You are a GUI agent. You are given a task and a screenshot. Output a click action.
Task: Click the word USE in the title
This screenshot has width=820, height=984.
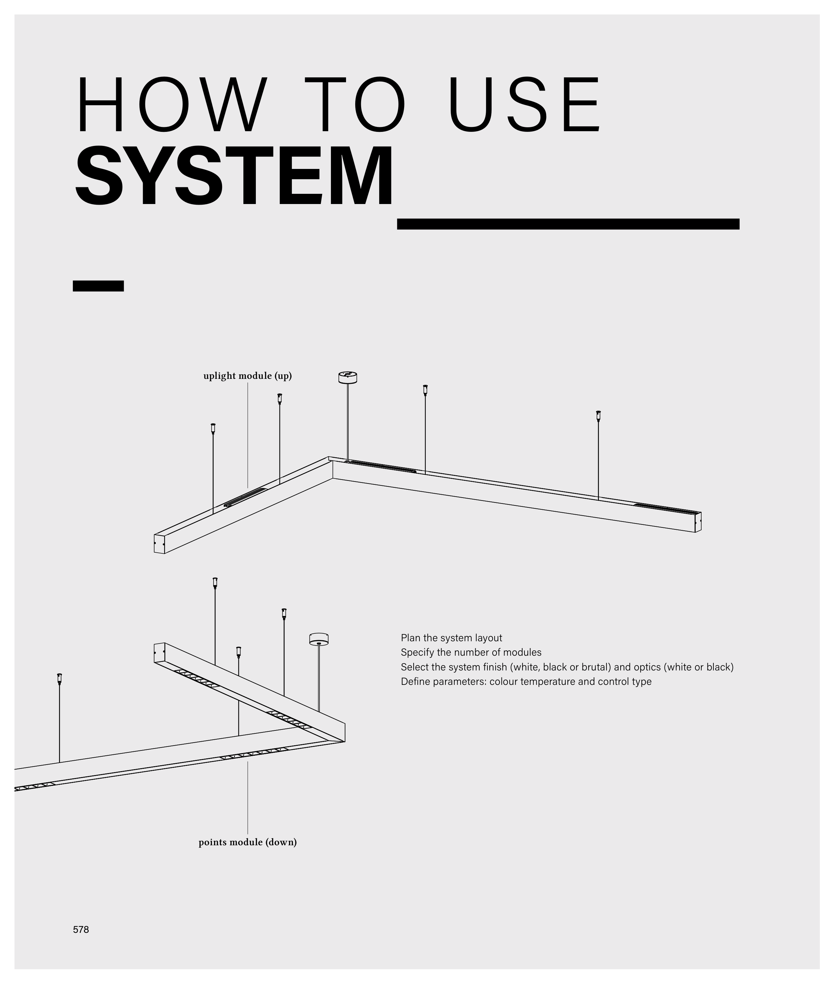click(x=524, y=105)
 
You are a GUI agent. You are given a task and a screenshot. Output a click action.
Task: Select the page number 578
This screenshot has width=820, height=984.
click(x=81, y=930)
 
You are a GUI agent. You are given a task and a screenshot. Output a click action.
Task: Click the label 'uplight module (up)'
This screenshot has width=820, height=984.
click(x=247, y=376)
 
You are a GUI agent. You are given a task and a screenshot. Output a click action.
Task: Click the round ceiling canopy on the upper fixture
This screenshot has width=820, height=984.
click(x=347, y=377)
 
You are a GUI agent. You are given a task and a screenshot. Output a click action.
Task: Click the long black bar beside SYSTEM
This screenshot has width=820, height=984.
click(x=568, y=224)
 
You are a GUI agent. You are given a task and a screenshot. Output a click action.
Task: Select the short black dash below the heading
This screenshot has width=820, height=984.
click(x=98, y=286)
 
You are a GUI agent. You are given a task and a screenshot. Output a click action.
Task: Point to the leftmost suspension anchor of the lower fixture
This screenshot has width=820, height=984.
click(x=59, y=679)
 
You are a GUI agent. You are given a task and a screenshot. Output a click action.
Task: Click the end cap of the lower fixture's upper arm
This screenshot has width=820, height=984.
click(x=159, y=652)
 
